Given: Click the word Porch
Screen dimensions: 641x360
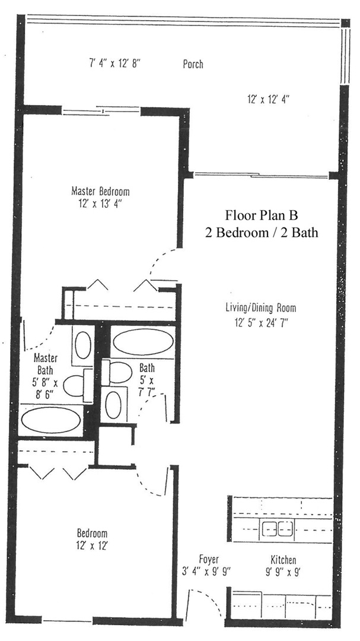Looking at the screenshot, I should tap(193, 64).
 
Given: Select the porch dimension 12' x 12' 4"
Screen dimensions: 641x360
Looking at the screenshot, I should tap(268, 100).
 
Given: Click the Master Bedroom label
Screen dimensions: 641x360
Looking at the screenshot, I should tap(100, 192).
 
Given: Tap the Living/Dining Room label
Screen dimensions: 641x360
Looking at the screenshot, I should tap(260, 308).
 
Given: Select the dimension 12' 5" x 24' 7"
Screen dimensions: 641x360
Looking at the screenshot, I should tap(260, 323).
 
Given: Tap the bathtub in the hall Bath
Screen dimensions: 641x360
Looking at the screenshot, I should tap(141, 342).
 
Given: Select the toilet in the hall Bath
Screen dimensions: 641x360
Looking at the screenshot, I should tap(120, 373).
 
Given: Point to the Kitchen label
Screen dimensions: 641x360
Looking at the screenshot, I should tap(283, 560).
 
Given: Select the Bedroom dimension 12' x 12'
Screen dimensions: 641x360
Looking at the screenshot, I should tap(92, 544).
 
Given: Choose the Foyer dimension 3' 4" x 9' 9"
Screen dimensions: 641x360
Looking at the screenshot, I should tap(206, 572).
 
